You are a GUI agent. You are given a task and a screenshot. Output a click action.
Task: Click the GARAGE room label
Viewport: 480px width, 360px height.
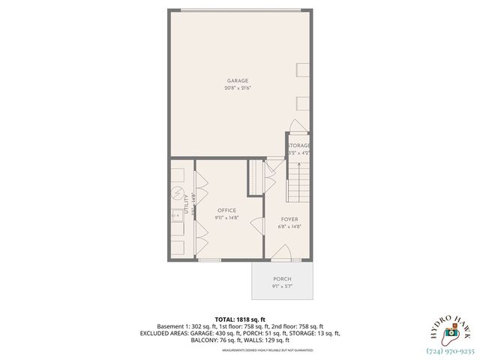[x=238, y=80]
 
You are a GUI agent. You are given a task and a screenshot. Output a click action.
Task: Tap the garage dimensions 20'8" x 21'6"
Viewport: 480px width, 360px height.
[x=238, y=88]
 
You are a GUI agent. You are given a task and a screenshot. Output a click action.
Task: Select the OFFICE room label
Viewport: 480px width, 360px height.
[x=226, y=210]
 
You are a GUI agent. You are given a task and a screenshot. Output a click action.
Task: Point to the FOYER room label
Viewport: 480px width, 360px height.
[x=289, y=219]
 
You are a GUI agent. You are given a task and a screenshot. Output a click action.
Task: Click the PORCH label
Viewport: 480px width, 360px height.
[x=282, y=278]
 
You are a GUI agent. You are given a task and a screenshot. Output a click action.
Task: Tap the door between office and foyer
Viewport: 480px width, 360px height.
[x=257, y=224]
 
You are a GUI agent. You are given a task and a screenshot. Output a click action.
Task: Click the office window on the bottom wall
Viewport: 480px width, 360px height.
[x=210, y=260]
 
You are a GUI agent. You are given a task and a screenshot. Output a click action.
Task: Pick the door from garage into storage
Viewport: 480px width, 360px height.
[x=297, y=126]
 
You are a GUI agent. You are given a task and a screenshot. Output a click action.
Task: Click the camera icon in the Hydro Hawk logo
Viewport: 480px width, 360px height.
[x=451, y=332]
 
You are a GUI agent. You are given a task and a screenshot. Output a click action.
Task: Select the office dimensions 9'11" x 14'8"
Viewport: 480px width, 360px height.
[x=226, y=218]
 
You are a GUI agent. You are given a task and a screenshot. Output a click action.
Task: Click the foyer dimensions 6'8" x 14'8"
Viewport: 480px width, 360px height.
[x=289, y=227]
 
